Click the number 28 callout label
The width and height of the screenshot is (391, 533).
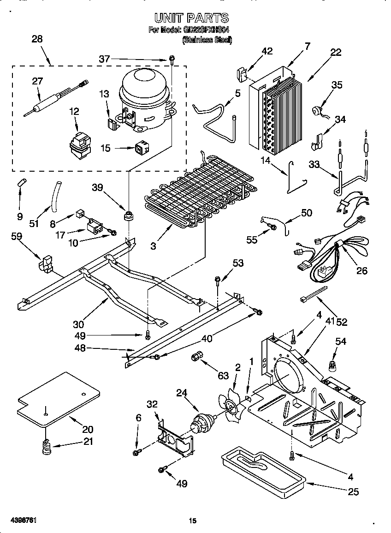(37, 39)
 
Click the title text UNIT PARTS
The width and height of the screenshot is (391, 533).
(191, 18)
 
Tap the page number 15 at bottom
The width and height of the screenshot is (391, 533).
(193, 521)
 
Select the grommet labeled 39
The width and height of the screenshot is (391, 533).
(127, 216)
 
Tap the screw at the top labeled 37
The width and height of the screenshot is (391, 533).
(172, 59)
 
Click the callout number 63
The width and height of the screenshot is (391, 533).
(223, 376)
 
